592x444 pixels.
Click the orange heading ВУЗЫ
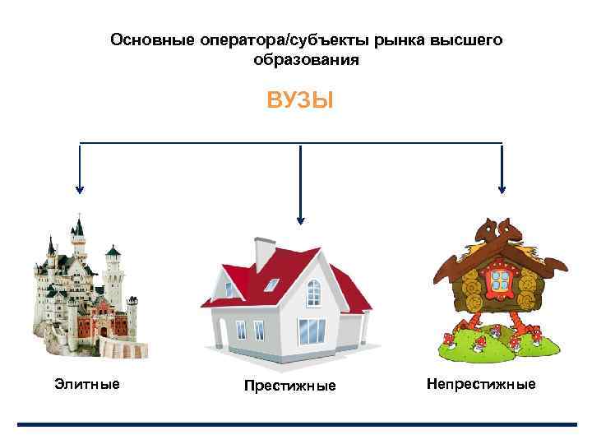coord(300,101)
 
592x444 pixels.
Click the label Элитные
coord(86,384)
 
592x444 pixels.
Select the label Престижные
coord(289,386)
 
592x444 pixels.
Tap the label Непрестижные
coord(481,384)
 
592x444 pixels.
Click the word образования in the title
coord(306,61)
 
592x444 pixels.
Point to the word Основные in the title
coord(146,39)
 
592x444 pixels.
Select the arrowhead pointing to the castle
coord(80,187)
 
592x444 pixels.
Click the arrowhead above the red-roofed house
coord(300,219)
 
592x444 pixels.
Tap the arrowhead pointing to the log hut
coord(502,187)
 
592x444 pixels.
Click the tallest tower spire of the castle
coord(79,225)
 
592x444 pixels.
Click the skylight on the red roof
coord(270,286)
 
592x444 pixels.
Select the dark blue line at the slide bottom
coord(297,425)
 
